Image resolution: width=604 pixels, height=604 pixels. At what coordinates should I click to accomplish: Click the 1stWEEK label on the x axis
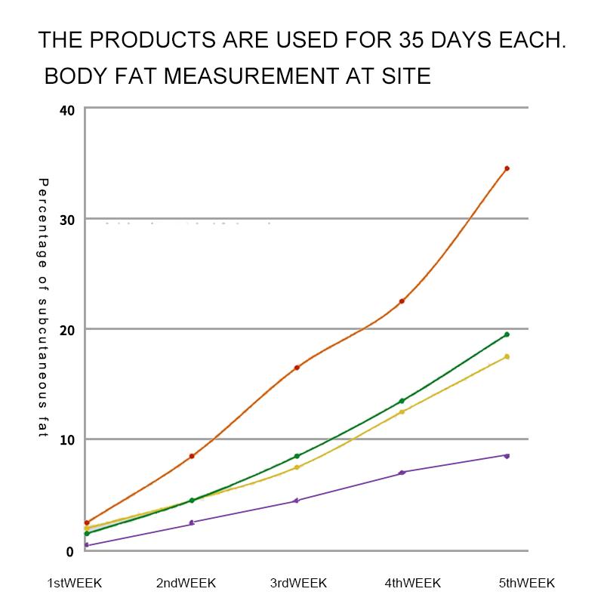tap(74, 583)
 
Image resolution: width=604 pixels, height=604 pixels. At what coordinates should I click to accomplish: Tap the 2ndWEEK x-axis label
tap(186, 583)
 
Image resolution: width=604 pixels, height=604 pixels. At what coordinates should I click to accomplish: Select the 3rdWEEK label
tap(298, 583)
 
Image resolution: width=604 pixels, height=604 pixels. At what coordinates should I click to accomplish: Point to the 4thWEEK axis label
tap(413, 583)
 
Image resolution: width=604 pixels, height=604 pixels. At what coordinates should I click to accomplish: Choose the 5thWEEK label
tap(526, 583)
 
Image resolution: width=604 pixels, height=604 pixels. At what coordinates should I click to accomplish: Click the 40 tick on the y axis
tap(66, 111)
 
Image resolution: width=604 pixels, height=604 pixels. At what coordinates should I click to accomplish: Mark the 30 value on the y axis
tap(66, 220)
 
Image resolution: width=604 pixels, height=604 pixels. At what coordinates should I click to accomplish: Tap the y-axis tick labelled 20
tap(66, 330)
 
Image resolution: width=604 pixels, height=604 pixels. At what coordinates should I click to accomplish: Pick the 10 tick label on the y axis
tap(66, 440)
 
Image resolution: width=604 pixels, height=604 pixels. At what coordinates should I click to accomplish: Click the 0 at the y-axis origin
tap(69, 552)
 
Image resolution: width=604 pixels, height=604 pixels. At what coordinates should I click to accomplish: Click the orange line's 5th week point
tap(507, 168)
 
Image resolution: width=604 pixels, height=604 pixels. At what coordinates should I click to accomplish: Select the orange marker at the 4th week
tap(402, 301)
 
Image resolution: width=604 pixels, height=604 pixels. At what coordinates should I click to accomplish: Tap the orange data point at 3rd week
tap(297, 368)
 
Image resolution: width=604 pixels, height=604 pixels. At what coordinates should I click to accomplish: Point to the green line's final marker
tap(507, 334)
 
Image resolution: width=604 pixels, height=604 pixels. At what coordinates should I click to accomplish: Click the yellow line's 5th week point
tap(507, 356)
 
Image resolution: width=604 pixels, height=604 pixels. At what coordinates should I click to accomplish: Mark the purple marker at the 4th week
tap(402, 473)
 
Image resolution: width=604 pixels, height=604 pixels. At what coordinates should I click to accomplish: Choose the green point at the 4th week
tap(402, 401)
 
